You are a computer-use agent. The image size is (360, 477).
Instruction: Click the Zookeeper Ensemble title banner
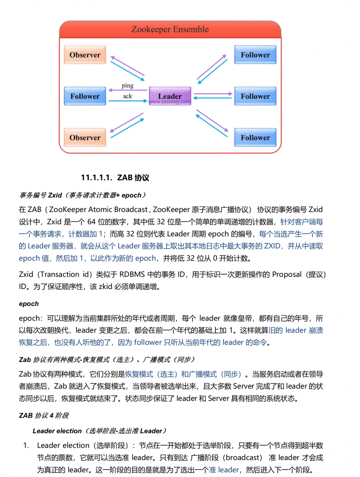pyautogui.click(x=170, y=29)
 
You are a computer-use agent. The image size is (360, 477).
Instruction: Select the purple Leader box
pyautogui.click(x=170, y=95)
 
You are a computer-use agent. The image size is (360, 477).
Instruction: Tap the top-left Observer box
pyautogui.click(x=85, y=55)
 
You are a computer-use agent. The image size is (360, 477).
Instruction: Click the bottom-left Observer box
pyautogui.click(x=85, y=138)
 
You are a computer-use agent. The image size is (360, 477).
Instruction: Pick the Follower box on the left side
pyautogui.click(x=85, y=96)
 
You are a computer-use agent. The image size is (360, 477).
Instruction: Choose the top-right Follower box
pyautogui.click(x=255, y=55)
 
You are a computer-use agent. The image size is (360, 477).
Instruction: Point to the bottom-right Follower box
pyautogui.click(x=255, y=138)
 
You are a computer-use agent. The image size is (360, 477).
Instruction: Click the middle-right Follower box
pyautogui.click(x=255, y=96)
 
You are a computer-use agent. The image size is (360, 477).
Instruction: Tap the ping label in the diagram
pyautogui.click(x=127, y=85)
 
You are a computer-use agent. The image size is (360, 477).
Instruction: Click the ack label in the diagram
pyautogui.click(x=127, y=96)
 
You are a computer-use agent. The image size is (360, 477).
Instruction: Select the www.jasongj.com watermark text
pyautogui.click(x=170, y=102)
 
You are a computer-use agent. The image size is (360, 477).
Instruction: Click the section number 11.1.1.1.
pyautogui.click(x=97, y=178)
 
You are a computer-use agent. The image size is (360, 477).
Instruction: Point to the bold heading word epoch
pyautogui.click(x=29, y=304)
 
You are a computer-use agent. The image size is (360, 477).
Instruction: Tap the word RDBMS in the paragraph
pyautogui.click(x=132, y=275)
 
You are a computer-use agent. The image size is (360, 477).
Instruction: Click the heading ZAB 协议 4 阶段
pyautogui.click(x=44, y=416)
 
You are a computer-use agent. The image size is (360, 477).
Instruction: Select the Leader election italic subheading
pyautogui.click(x=99, y=431)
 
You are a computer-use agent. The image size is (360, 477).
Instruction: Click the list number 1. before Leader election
pyautogui.click(x=26, y=446)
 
